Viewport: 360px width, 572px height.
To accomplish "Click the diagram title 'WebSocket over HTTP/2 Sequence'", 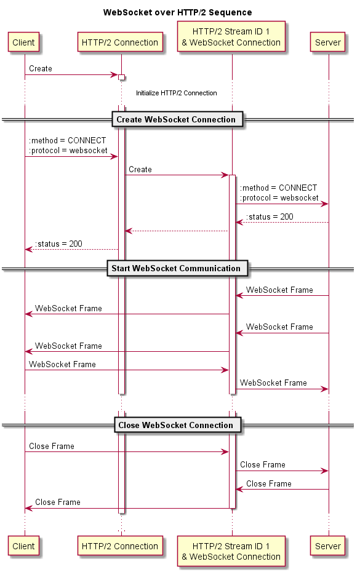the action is (177, 12).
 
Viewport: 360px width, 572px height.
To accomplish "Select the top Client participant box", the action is (24, 42).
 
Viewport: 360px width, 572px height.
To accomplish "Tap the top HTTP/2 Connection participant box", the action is (120, 42).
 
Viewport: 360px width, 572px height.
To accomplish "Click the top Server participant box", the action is (328, 42).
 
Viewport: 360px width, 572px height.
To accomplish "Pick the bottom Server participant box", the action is (328, 546).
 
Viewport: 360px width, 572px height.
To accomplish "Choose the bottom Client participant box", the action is (24, 546).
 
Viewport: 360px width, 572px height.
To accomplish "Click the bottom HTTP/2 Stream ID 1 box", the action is (231, 551).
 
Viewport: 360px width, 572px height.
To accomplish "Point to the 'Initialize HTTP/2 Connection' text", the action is (177, 93).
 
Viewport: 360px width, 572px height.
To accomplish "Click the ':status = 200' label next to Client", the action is (59, 244).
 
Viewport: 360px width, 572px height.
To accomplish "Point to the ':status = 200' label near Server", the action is (270, 216).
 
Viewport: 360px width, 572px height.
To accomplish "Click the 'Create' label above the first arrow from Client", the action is (41, 69).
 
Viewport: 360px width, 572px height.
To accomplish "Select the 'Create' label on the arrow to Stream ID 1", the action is (140, 169).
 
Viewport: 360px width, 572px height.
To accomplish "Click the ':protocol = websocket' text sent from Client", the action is (68, 150).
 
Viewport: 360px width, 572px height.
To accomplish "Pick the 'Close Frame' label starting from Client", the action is (52, 446).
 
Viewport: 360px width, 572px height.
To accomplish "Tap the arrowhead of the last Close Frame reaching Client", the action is (28, 508).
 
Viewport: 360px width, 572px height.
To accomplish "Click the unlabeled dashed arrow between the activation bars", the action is (177, 231).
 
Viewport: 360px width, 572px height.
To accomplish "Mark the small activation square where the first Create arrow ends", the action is (122, 77).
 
